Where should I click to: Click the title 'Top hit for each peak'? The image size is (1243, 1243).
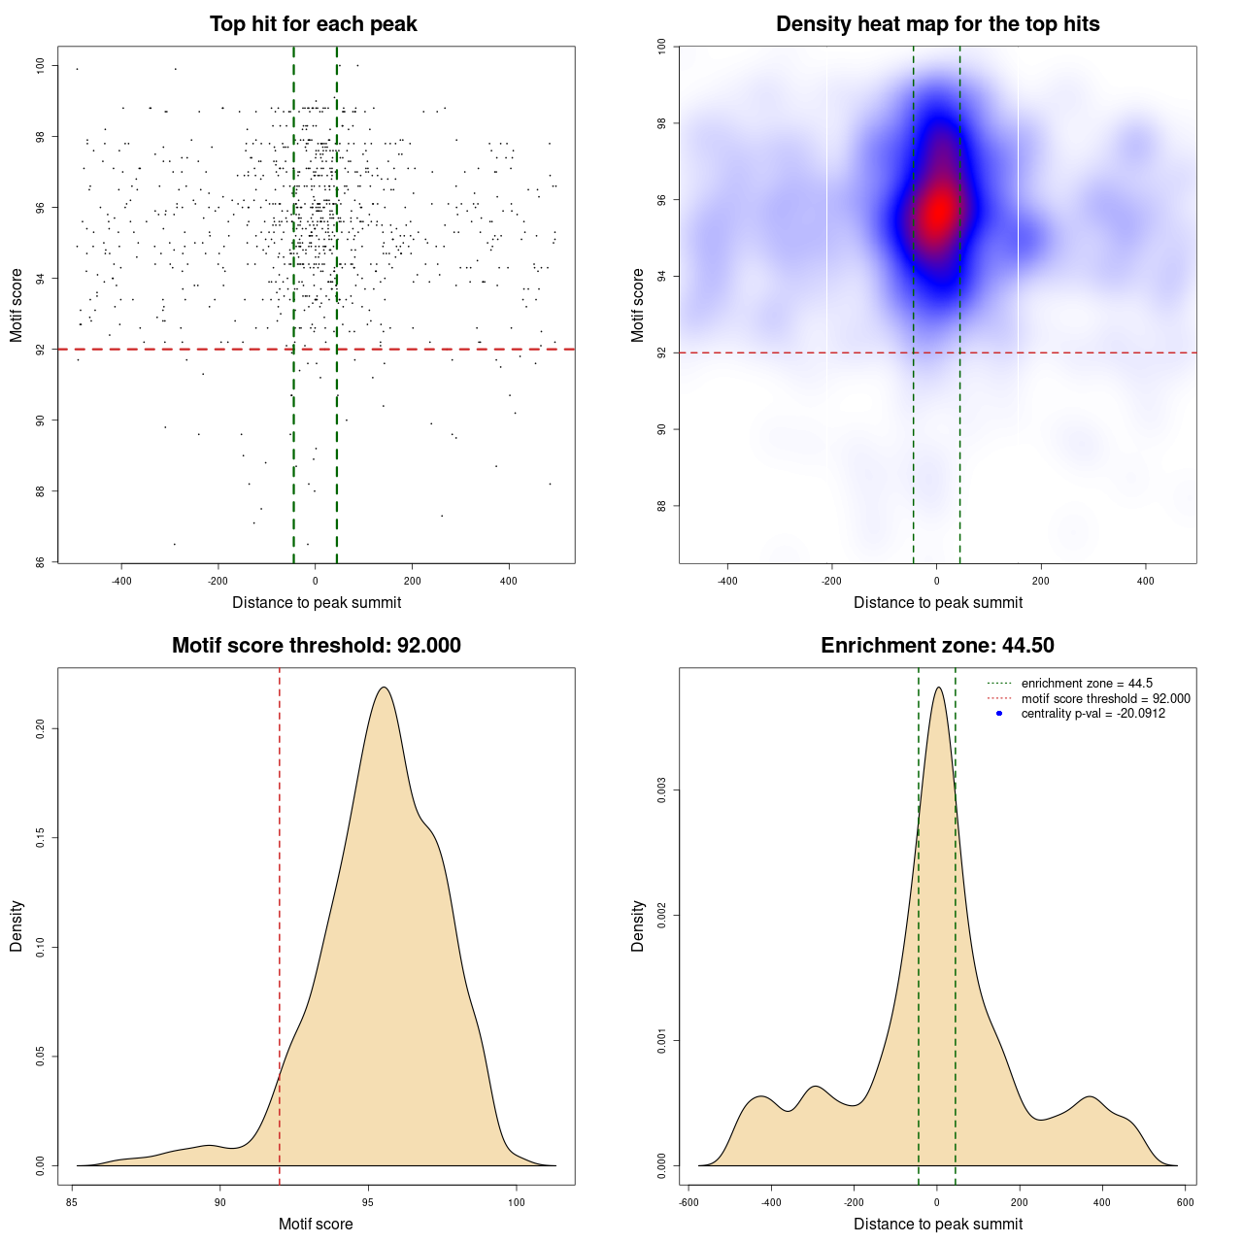[314, 24]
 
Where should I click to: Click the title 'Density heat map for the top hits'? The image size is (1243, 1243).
[937, 24]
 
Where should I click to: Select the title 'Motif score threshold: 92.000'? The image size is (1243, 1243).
[316, 646]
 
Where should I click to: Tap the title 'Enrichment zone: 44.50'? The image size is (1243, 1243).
[937, 646]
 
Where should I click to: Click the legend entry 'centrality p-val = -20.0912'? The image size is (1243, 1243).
[1092, 714]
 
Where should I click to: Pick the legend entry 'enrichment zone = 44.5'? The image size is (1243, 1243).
[1087, 684]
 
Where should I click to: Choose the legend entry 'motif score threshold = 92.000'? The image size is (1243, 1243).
[1105, 698]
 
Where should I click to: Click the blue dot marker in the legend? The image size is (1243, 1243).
[999, 714]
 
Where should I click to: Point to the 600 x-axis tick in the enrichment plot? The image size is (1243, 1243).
[1185, 1202]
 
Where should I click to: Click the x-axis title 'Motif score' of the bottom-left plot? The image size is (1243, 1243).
[316, 1224]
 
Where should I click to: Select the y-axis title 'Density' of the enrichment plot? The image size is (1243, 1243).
[638, 925]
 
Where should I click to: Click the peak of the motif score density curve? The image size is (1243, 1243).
[385, 688]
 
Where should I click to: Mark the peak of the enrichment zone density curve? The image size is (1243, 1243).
[937, 688]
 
